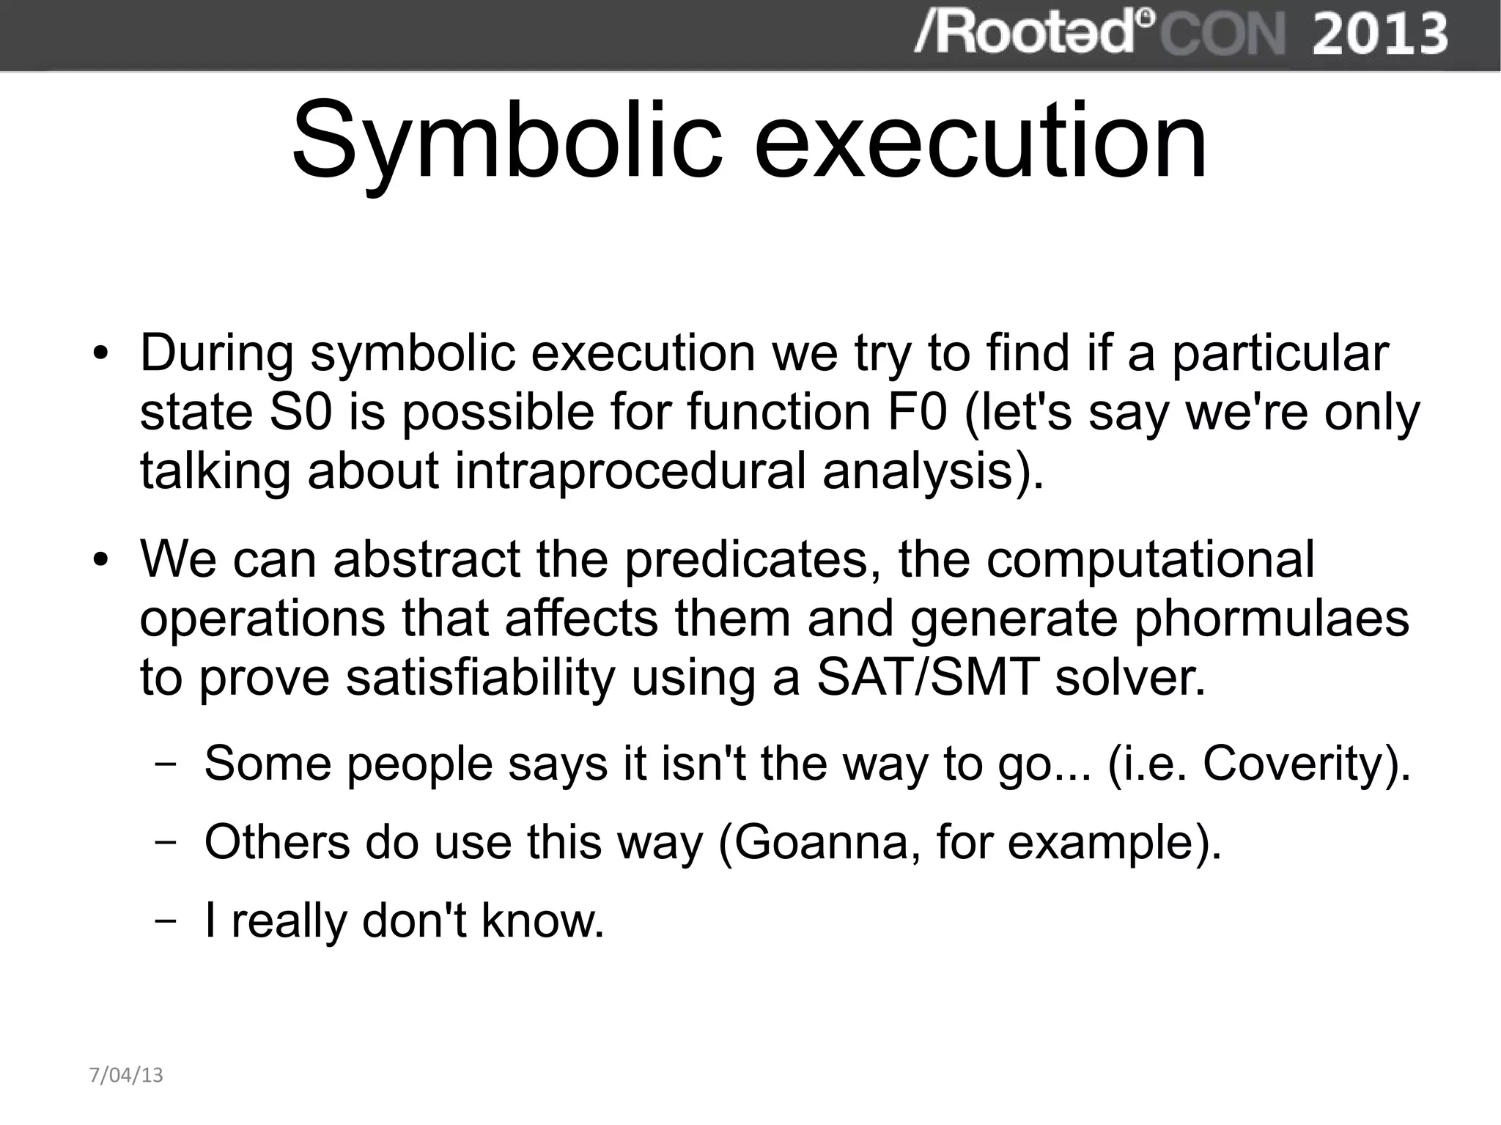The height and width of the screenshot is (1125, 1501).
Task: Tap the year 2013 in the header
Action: [1379, 34]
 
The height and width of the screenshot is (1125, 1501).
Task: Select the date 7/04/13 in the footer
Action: [125, 1075]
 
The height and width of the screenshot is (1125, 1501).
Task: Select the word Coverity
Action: [1298, 764]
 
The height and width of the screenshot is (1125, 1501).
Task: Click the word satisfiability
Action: [480, 678]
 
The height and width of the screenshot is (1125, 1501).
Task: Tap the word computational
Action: [1150, 559]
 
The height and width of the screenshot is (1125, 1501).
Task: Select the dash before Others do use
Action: [166, 843]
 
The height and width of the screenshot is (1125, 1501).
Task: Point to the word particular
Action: [1280, 353]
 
